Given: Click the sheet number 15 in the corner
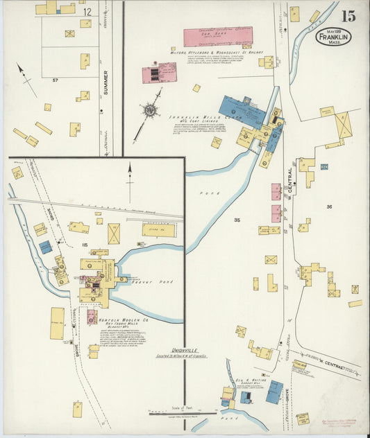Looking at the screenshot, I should click(x=348, y=16).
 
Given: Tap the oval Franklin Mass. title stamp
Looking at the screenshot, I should click(x=333, y=36).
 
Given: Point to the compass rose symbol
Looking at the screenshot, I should click(x=151, y=110).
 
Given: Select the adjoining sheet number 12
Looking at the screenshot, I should click(x=87, y=11).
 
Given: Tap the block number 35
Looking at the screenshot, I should click(x=237, y=220).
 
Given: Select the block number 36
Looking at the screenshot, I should click(x=328, y=207).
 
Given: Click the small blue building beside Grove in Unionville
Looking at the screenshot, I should click(x=45, y=247).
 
